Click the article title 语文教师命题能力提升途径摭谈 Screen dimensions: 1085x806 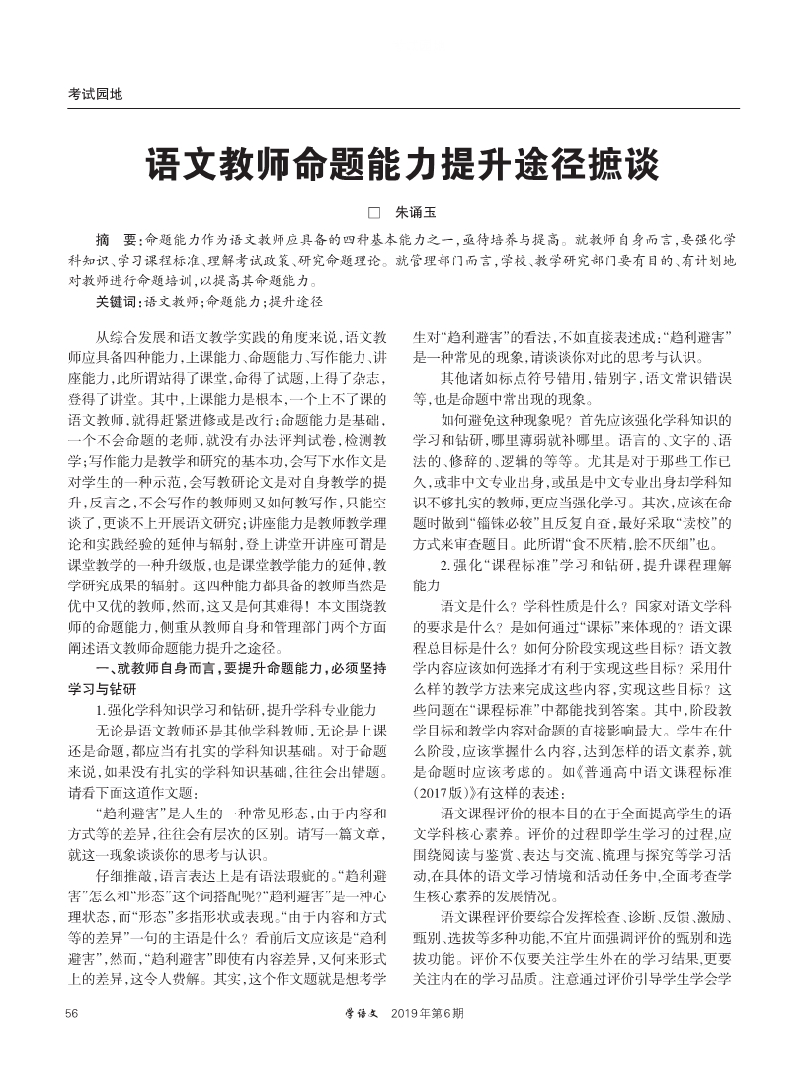pyautogui.click(x=403, y=163)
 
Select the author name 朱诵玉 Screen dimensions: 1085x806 pyautogui.click(x=415, y=212)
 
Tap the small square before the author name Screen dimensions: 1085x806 pyautogui.click(x=374, y=212)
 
